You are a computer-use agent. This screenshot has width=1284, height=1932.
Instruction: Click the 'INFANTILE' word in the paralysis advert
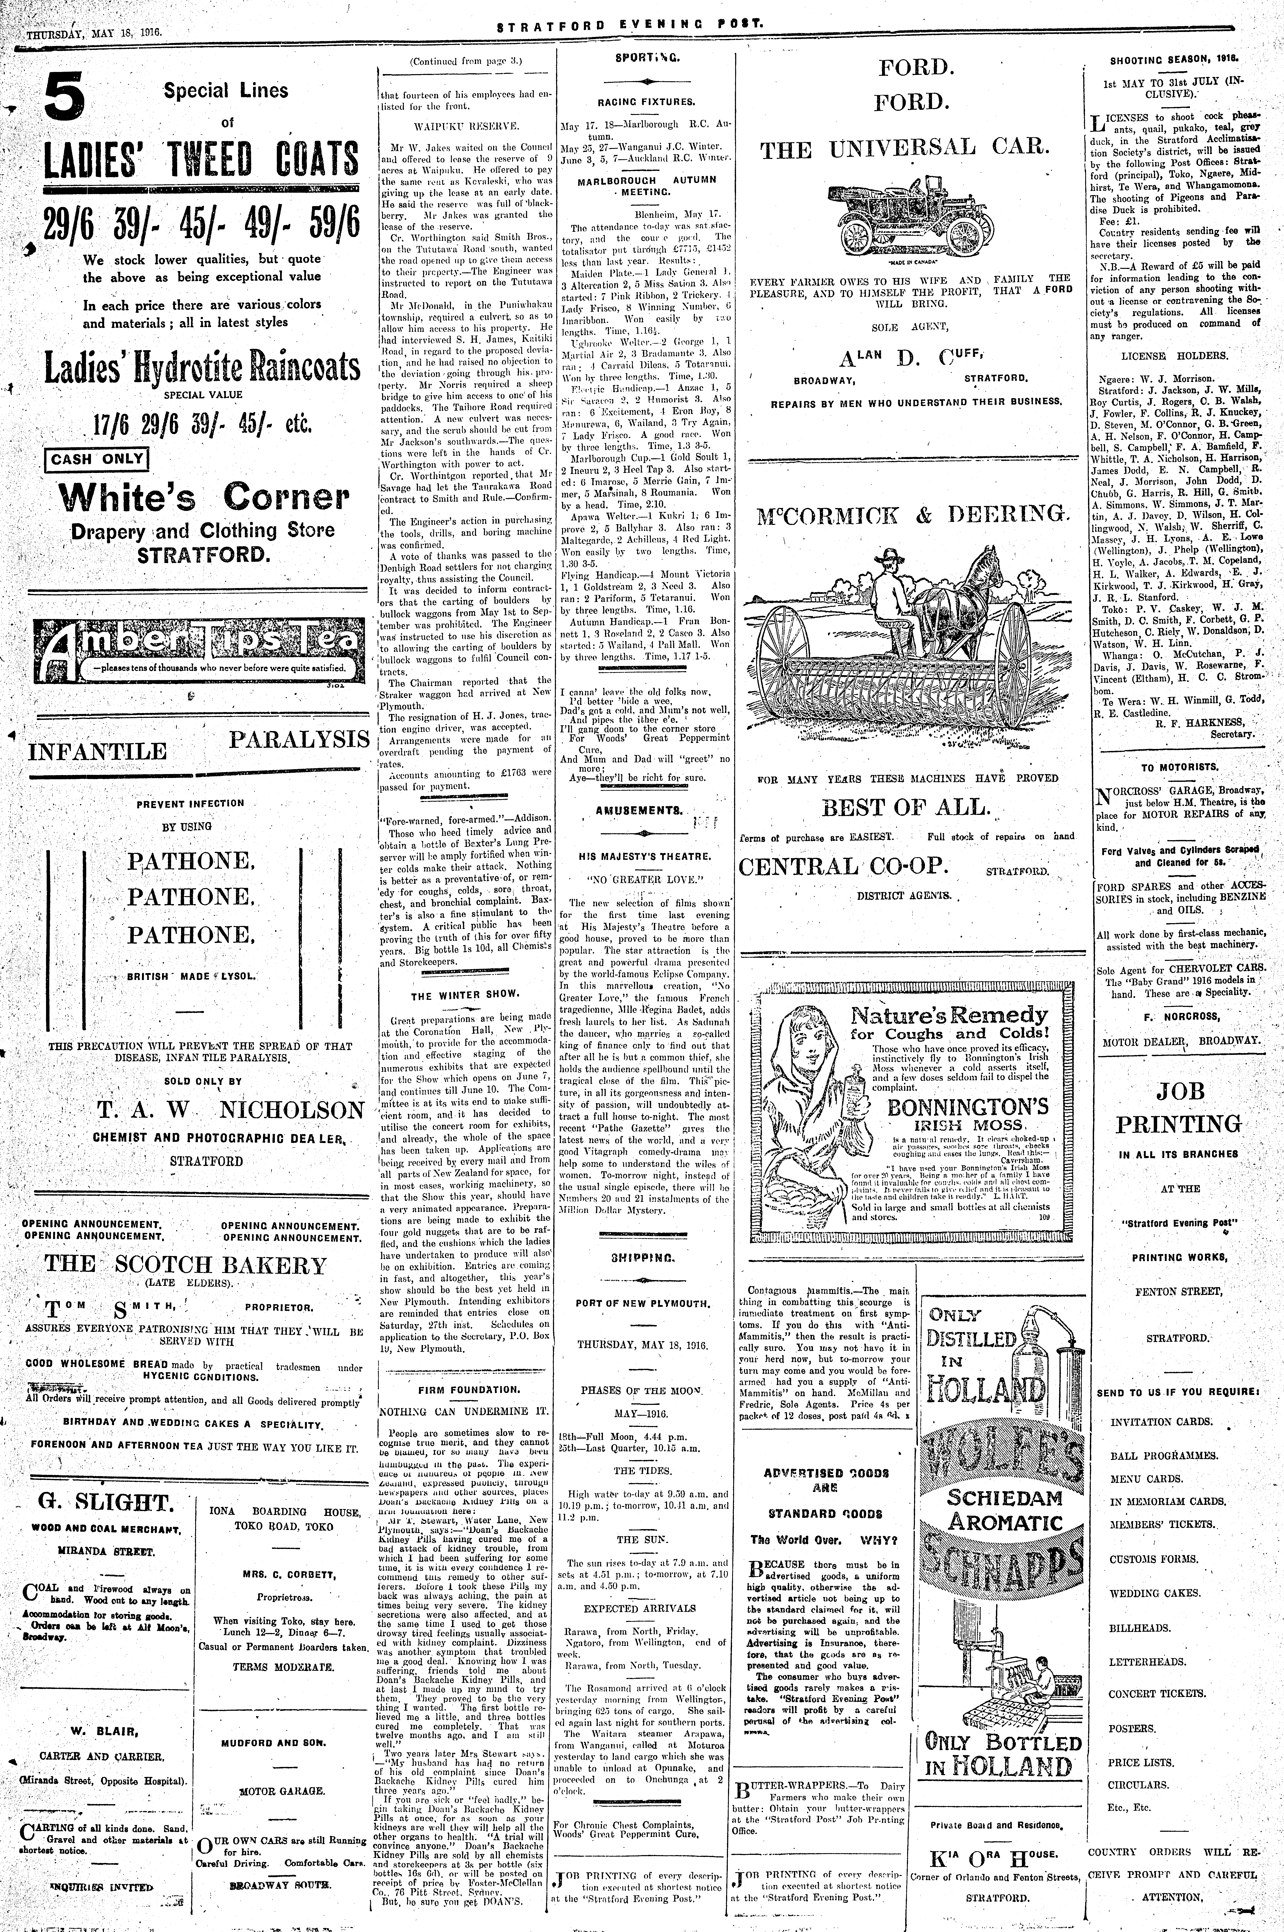tap(97, 752)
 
